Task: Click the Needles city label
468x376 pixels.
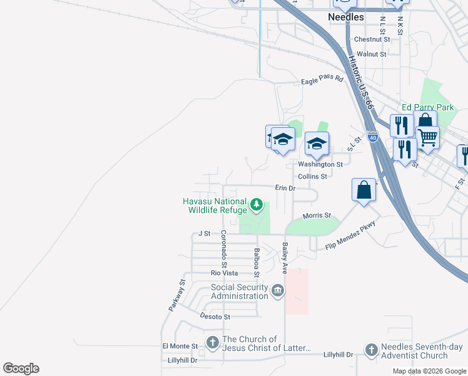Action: (346, 18)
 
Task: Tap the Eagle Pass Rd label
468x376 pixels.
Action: (322, 80)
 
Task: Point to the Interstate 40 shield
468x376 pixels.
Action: (372, 137)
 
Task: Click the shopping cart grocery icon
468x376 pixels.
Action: (427, 137)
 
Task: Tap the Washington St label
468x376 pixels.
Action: (320, 164)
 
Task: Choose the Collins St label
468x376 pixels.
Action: (312, 177)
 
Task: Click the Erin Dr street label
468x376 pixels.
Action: (285, 187)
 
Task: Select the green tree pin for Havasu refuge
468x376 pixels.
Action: (256, 204)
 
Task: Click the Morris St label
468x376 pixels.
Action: (317, 216)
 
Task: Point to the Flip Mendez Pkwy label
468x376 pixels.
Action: (350, 235)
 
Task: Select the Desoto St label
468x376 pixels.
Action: (215, 316)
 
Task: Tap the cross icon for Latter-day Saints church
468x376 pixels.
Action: (213, 343)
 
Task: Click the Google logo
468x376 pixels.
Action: (21, 368)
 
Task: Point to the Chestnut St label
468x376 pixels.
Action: (372, 39)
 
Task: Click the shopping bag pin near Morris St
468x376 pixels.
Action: (364, 190)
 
